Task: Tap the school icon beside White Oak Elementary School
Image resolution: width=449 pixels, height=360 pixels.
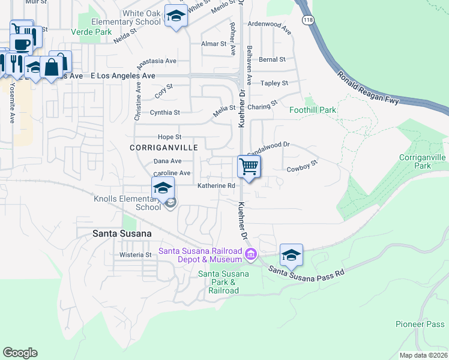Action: click(x=176, y=17)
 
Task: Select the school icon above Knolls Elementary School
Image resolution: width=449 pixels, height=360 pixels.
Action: click(x=163, y=188)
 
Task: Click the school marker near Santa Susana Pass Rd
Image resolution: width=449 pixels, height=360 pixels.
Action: click(x=291, y=255)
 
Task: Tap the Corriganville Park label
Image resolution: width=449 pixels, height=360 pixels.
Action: click(x=423, y=161)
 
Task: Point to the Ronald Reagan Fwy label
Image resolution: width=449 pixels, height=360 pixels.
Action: click(x=368, y=87)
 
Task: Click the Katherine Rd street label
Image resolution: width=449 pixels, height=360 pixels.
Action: click(x=216, y=186)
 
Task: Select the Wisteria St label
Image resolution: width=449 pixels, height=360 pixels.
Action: click(x=135, y=254)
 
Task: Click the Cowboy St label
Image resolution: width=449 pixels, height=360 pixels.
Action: click(x=301, y=170)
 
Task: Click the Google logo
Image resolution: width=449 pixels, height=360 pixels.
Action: click(x=20, y=353)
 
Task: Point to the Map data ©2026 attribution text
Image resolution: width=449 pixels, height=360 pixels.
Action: click(x=423, y=355)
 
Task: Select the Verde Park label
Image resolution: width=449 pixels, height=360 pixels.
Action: click(x=91, y=31)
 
